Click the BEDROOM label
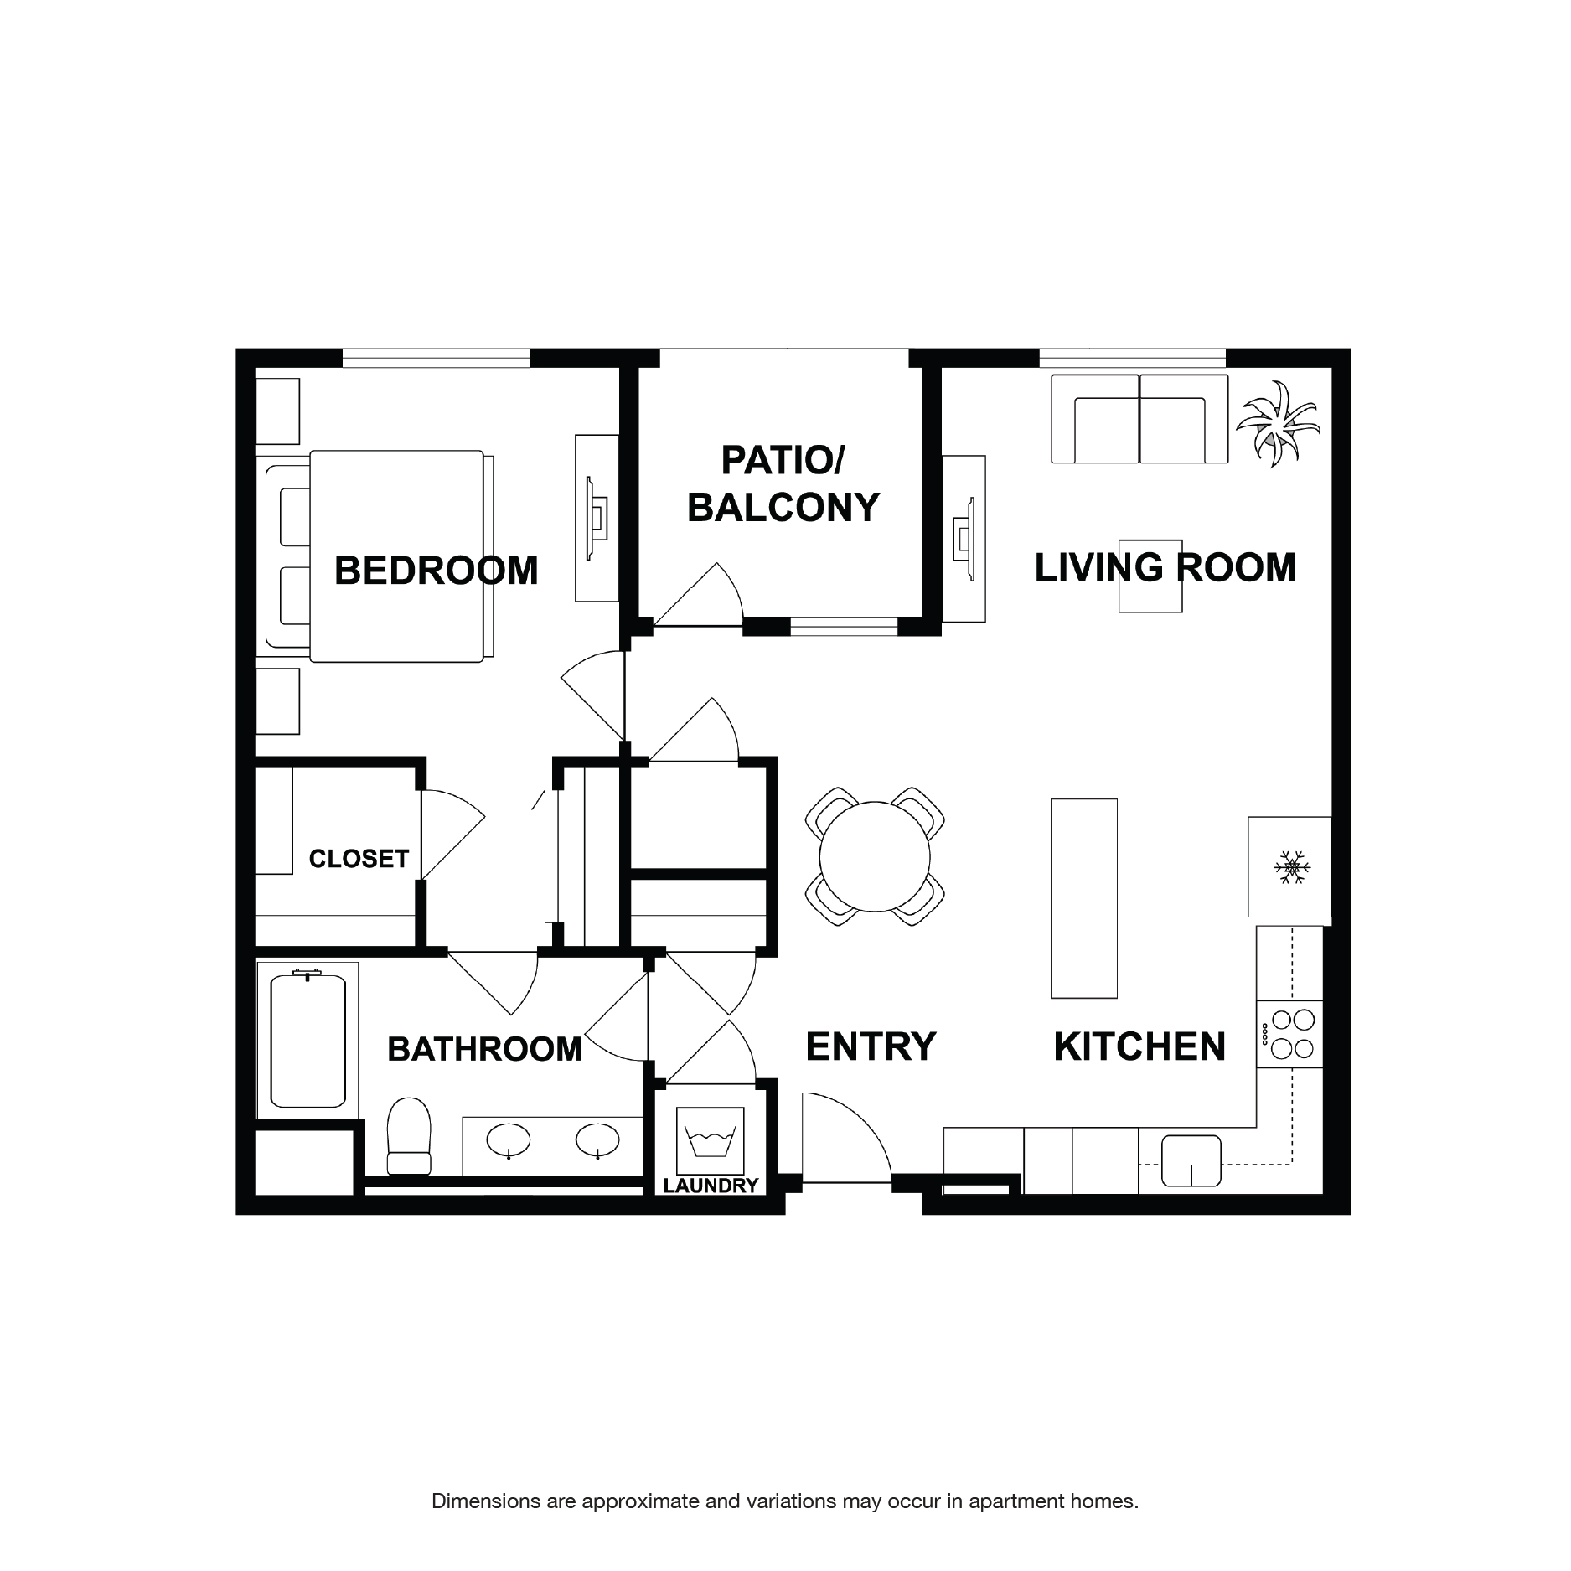coord(436,571)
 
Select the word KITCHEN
coord(1139,1046)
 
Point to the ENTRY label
coord(871,1046)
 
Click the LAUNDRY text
coord(711,1186)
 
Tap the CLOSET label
coord(359,859)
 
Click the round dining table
coord(875,856)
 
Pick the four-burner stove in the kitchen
coord(1291,1034)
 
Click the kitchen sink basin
coord(1191,1160)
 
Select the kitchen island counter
coord(1083,898)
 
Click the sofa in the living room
coord(1139,419)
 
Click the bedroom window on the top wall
coord(437,358)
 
